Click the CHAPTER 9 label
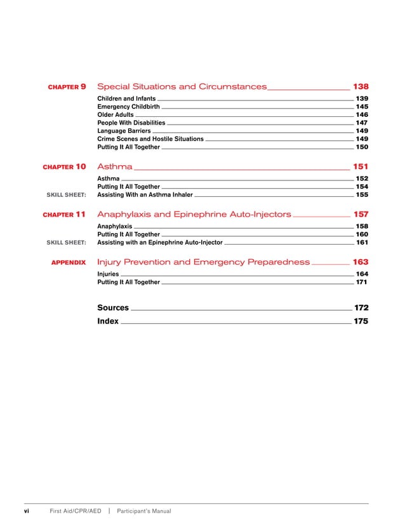pyautogui.click(x=67, y=86)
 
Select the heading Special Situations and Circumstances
pyautogui.click(x=182, y=86)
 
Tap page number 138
pyautogui.click(x=360, y=86)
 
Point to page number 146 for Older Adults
pyautogui.click(x=362, y=115)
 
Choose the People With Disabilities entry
pyautogui.click(x=131, y=123)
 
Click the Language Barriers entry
pyautogui.click(x=124, y=131)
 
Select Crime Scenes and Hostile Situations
pyautogui.click(x=150, y=138)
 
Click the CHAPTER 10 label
pyautogui.click(x=64, y=166)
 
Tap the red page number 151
pyautogui.click(x=360, y=166)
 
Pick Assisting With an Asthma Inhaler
pyautogui.click(x=145, y=195)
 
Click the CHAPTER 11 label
pyautogui.click(x=64, y=215)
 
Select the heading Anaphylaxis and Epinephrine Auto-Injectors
pyautogui.click(x=194, y=215)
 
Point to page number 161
pyautogui.click(x=362, y=242)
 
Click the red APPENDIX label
pyautogui.click(x=68, y=262)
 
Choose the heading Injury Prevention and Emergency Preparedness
pyautogui.click(x=203, y=262)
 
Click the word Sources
pyautogui.click(x=113, y=307)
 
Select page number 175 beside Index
pyautogui.click(x=361, y=321)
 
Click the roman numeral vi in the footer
pyautogui.click(x=27, y=511)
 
